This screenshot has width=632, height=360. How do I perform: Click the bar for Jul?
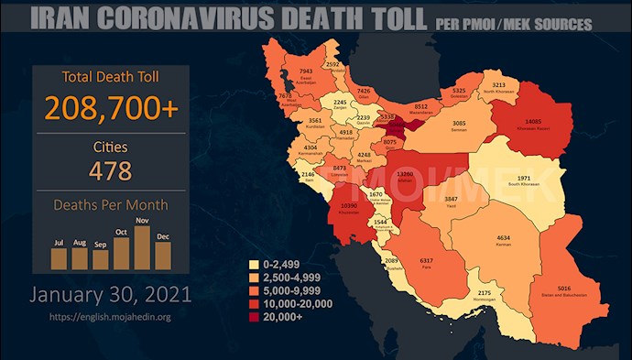click(60, 257)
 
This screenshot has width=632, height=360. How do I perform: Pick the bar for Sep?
click(101, 260)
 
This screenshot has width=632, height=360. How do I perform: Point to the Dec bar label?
click(162, 236)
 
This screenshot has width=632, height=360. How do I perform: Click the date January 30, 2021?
click(111, 295)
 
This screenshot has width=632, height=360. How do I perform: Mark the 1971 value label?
click(518, 178)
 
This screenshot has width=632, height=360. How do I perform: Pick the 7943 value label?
click(308, 71)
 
